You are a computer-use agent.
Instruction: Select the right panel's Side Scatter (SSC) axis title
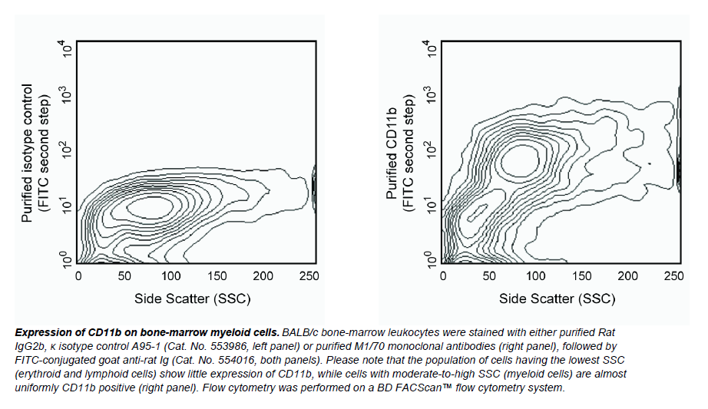coord(557,298)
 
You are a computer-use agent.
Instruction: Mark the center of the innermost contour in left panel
coord(151,206)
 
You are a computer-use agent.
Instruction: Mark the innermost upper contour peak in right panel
coord(518,159)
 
